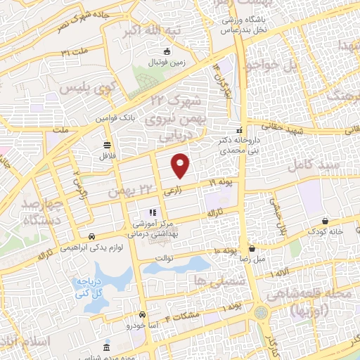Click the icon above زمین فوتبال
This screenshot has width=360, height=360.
click(167, 51)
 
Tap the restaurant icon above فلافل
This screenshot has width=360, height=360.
click(107, 146)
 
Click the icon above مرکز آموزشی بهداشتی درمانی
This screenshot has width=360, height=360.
click(150, 212)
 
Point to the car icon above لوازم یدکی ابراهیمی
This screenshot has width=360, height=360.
click(92, 236)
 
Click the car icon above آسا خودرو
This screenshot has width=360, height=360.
click(143, 315)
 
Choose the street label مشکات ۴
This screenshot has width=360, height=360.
click(182, 312)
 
